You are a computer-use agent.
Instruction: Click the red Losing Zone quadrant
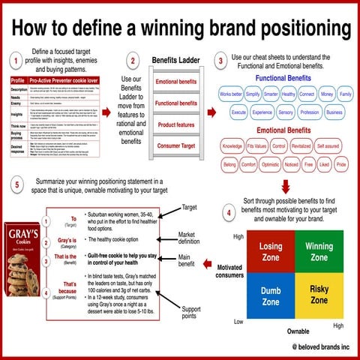[x=270, y=252]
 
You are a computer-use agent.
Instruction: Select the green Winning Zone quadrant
[x=319, y=252]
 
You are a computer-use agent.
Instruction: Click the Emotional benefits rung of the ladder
[x=176, y=81]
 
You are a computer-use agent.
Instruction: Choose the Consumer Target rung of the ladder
[x=176, y=145]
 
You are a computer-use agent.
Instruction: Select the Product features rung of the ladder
[x=176, y=124]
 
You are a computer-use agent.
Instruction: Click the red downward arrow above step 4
[x=286, y=184]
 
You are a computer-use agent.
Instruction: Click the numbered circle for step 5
[x=16, y=185]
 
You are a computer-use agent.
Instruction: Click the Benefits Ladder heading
[x=175, y=60]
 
